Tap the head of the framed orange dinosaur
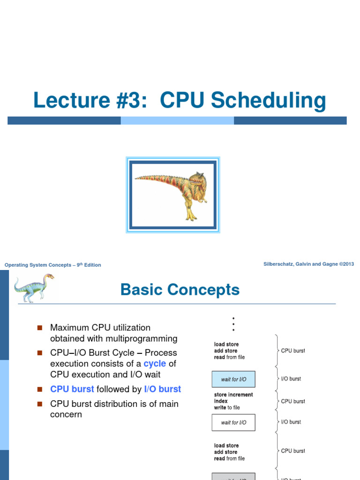coord(196,180)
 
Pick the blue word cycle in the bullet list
coord(155,364)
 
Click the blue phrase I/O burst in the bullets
coord(162,389)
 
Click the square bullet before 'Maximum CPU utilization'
coord(39,328)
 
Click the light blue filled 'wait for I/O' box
coord(233,379)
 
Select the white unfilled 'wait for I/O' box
coord(233,422)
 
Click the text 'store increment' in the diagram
coord(233,395)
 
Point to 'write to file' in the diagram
coord(227,408)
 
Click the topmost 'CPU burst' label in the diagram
coord(293,351)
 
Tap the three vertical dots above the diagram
coord(233,323)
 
